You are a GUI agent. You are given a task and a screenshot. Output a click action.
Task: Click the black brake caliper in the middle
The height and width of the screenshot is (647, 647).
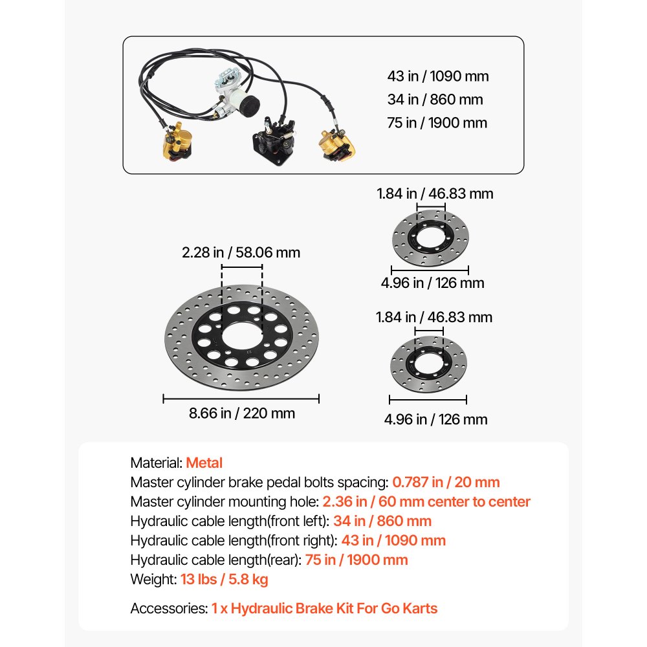coord(274,140)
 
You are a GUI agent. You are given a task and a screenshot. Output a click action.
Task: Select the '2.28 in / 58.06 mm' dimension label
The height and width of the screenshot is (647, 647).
coord(241,252)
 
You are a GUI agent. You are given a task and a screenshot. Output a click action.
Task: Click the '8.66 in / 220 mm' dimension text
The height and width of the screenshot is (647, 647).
coord(242,413)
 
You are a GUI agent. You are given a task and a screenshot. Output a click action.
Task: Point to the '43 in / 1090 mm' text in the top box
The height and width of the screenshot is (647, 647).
coord(438,76)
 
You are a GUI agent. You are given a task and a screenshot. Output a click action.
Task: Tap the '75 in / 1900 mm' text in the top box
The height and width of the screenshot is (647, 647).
coord(437,123)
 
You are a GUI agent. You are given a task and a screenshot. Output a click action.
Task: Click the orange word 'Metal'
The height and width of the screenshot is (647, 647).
coord(204,463)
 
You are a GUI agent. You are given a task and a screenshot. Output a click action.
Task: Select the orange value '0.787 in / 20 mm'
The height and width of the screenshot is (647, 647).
coord(446,483)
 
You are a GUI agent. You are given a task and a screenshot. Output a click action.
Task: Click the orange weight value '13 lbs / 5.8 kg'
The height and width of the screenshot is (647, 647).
coord(224,579)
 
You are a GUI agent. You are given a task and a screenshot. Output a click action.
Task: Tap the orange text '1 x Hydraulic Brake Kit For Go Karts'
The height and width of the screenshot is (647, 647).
coord(324,609)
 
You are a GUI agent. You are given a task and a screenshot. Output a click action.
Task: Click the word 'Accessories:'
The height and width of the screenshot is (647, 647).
coord(169,609)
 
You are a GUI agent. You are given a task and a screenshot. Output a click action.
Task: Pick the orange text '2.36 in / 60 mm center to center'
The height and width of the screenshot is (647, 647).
coord(426,502)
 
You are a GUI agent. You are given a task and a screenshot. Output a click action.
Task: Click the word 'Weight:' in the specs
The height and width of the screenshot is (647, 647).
coord(153,579)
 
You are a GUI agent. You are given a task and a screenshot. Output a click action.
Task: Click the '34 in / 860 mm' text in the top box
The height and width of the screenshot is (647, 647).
coord(435,100)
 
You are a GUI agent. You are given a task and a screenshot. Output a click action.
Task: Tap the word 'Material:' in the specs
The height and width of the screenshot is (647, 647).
coord(157,463)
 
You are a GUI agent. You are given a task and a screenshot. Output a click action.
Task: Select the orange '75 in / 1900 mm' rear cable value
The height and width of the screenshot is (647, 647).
coord(356,560)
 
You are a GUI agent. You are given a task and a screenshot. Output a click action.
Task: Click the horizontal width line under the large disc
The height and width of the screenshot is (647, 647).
coord(241,399)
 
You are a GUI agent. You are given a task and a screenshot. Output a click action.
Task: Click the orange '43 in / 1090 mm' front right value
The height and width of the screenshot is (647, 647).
coord(393,540)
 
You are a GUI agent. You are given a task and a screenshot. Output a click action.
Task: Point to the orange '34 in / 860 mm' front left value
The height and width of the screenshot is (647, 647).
coord(382,521)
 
